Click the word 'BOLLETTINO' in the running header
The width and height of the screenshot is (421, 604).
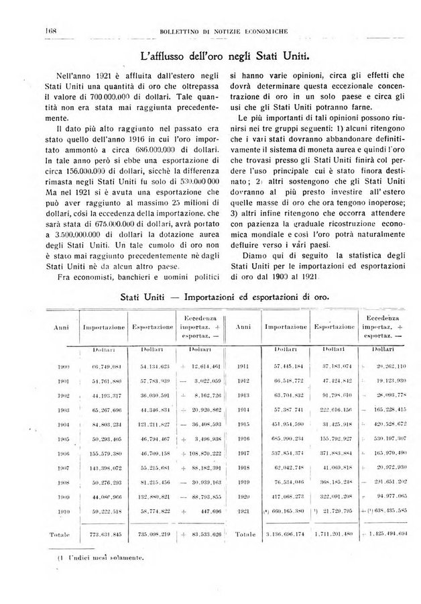click(180, 32)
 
